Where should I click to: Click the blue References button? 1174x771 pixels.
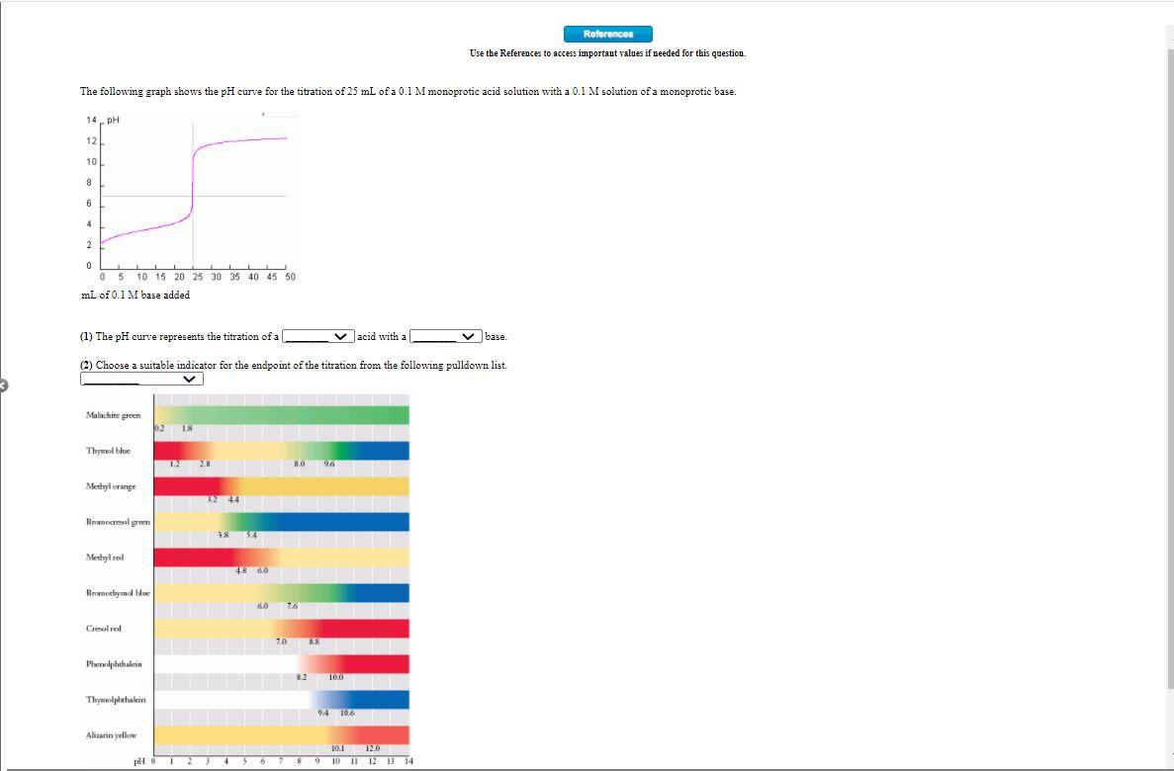pyautogui.click(x=608, y=35)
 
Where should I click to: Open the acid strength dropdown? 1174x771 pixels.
pyautogui.click(x=317, y=337)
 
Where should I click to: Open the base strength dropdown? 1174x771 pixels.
pyautogui.click(x=446, y=337)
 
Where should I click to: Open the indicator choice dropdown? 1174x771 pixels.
pyautogui.click(x=141, y=379)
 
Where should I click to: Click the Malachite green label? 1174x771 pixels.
pyautogui.click(x=113, y=415)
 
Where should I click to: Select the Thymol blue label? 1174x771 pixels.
pyautogui.click(x=108, y=451)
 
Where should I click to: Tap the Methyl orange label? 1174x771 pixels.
pyautogui.click(x=111, y=486)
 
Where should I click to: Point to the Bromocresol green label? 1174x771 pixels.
pyautogui.click(x=118, y=522)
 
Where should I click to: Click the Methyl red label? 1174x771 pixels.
pyautogui.click(x=105, y=557)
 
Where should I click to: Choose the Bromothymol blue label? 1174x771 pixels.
pyautogui.click(x=118, y=593)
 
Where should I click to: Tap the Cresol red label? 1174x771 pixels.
pyautogui.click(x=104, y=629)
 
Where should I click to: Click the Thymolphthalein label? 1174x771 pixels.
pyautogui.click(x=116, y=700)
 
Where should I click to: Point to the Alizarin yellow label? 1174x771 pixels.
pyautogui.click(x=112, y=735)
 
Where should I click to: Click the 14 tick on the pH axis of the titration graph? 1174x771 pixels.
pyautogui.click(x=88, y=120)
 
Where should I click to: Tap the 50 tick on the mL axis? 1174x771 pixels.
pyautogui.click(x=290, y=277)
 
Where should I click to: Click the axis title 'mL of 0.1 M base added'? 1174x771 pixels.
pyautogui.click(x=135, y=295)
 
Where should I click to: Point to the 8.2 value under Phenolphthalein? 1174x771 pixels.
pyautogui.click(x=302, y=677)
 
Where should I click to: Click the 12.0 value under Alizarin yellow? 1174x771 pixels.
pyautogui.click(x=373, y=748)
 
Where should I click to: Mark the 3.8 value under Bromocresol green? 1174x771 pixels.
pyautogui.click(x=224, y=535)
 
